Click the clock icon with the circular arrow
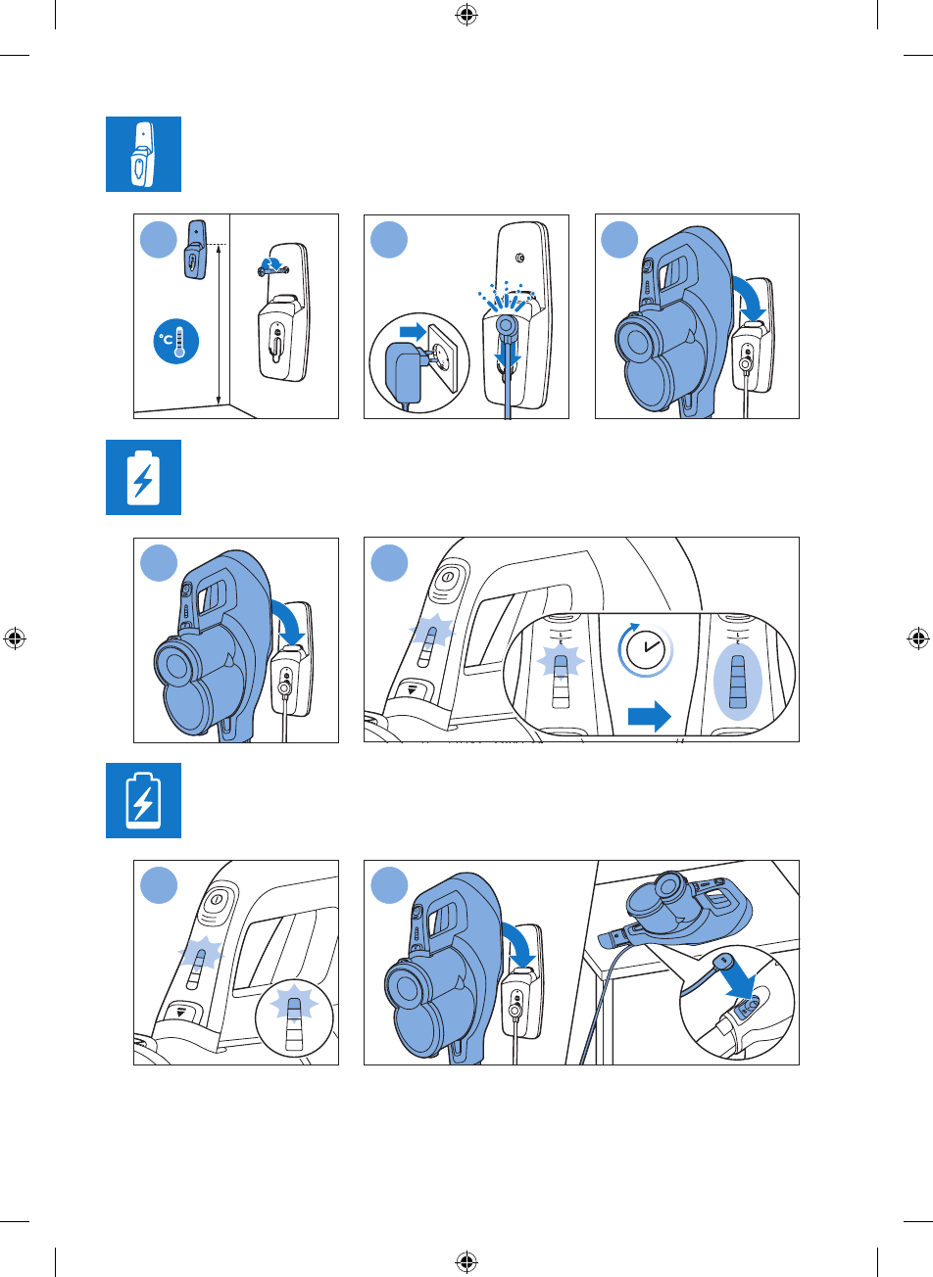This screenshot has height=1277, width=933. (x=645, y=649)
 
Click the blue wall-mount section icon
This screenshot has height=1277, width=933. (x=143, y=155)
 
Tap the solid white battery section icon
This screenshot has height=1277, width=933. (x=143, y=477)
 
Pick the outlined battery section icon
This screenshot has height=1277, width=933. (x=143, y=800)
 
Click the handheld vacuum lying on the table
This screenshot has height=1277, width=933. (x=686, y=911)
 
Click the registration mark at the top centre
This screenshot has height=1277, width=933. (x=466, y=15)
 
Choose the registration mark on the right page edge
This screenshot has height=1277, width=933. (x=918, y=638)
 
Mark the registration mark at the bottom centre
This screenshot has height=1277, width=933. (x=466, y=1261)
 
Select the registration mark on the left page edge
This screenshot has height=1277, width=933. (x=15, y=638)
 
